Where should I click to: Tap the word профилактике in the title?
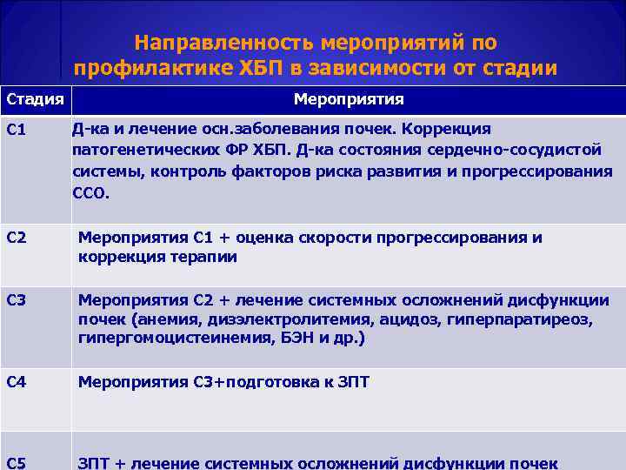[x=138, y=68]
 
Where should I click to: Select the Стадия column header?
[x=35, y=98]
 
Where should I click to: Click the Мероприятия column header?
[x=348, y=98]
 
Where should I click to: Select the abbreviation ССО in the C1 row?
[x=90, y=193]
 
